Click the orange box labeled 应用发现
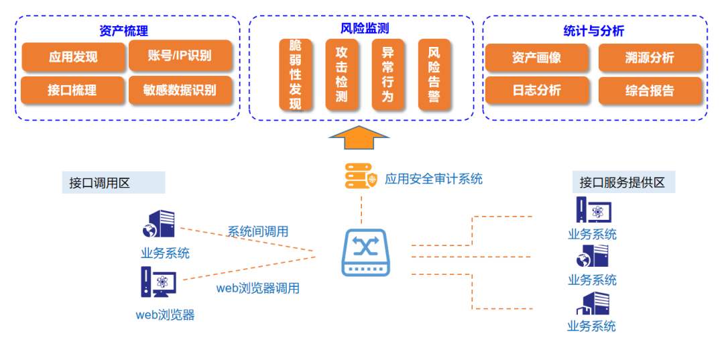[x=73, y=57]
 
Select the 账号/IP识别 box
[x=180, y=56]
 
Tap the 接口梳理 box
[x=72, y=90]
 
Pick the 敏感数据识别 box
[x=180, y=90]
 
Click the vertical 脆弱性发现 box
[x=295, y=74]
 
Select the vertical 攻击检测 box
[x=341, y=74]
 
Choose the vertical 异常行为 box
[x=387, y=74]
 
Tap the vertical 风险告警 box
[x=434, y=74]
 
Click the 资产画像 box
[x=536, y=58]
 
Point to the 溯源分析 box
[x=650, y=58]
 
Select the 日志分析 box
[x=536, y=91]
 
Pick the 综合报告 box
[x=650, y=91]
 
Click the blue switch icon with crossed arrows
[x=365, y=252]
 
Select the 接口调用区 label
[x=99, y=183]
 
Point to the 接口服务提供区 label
[x=622, y=182]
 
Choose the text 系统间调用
[x=258, y=232]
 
